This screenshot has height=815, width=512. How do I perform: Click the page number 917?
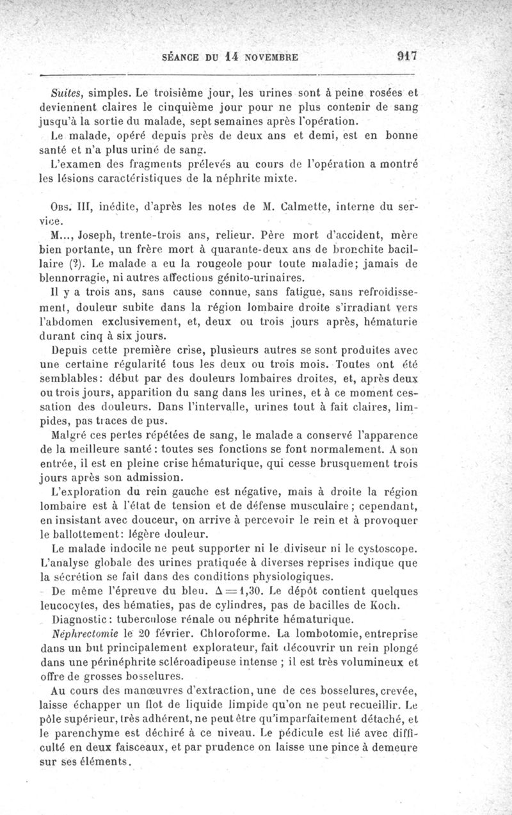[406, 56]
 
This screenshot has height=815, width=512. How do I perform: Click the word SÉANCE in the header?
[182, 56]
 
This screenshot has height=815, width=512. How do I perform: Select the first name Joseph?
[97, 234]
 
